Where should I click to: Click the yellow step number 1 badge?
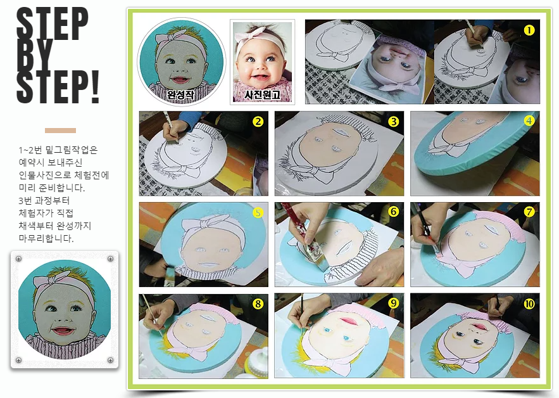point(529,30)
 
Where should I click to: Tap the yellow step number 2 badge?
point(258,122)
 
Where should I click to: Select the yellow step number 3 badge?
point(393,122)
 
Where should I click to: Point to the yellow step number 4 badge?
point(529,121)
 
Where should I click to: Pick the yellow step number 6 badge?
point(393,212)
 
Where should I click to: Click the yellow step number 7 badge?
point(529,212)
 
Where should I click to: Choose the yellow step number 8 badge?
point(258,304)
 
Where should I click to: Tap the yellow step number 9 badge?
point(393,304)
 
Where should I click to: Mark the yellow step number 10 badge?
point(529,304)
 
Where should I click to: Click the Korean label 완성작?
point(181,94)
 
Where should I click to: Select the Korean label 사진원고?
point(262,94)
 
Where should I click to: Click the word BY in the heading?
point(34,56)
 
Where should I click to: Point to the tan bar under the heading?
point(60,131)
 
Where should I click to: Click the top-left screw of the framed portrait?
point(19,259)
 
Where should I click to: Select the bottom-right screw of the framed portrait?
point(111,360)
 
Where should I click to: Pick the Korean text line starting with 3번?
point(44,200)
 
